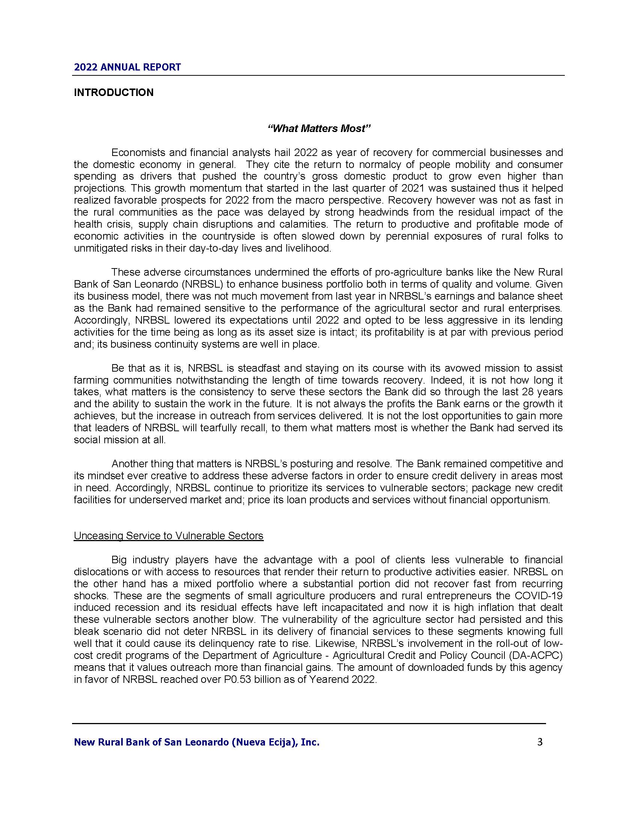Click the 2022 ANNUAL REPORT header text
(127, 67)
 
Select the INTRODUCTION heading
(114, 93)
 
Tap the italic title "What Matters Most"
(319, 129)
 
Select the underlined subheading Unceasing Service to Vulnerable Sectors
(169, 535)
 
